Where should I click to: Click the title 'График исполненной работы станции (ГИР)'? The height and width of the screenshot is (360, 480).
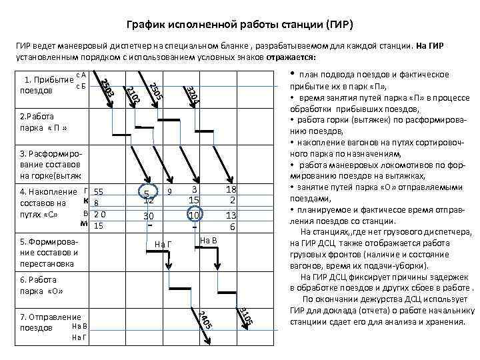coord(239,25)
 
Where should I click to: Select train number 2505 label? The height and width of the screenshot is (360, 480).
coord(155,92)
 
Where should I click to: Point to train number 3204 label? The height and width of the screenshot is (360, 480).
coord(192,95)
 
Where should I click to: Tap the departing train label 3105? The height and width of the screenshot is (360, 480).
coord(245,315)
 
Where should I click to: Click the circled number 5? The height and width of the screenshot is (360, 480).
coord(149,192)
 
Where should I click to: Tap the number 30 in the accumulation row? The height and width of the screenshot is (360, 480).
coord(149,216)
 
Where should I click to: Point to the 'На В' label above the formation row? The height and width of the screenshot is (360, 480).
coord(209,239)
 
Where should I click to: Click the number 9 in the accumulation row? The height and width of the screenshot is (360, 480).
coord(170,191)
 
